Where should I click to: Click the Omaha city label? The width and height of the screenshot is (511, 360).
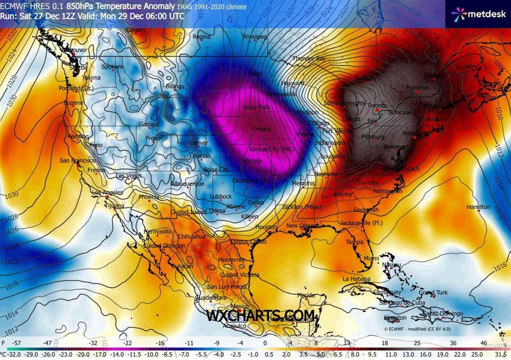pos(261,129)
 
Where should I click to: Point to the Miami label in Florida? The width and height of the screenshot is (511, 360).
pos(371,258)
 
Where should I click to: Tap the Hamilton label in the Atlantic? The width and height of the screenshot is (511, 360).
pos(478,207)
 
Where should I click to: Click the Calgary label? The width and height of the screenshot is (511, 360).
pos(136,30)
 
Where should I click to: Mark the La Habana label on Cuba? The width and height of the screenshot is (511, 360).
pos(357,279)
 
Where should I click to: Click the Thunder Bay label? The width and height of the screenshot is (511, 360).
pos(309,59)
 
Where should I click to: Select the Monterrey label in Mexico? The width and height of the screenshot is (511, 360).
pos(231,260)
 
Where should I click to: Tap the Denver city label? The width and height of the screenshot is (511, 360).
pos(199,143)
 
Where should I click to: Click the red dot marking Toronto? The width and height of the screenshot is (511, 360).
pos(377,110)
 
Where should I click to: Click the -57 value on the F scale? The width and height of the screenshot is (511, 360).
pos(17,343)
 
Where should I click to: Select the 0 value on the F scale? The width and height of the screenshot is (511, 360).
pos(265,343)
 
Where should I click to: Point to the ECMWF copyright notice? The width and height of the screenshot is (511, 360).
pos(417,329)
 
